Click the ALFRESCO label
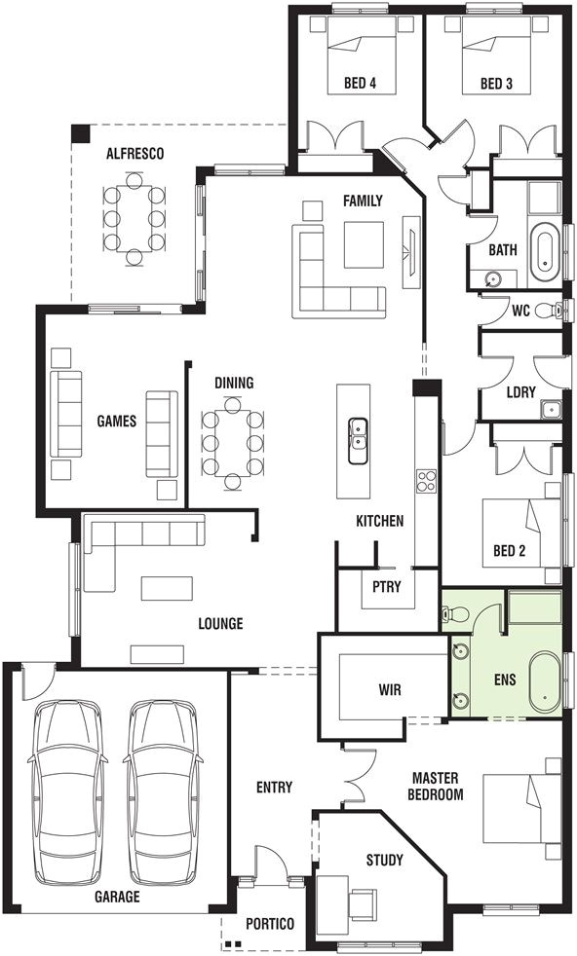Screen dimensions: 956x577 tap(135, 154)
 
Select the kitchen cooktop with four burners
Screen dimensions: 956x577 tap(426, 479)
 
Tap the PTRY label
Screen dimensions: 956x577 tap(381, 585)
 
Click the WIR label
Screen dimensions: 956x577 tap(390, 690)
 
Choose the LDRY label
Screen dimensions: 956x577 tap(521, 392)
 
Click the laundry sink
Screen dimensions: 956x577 tap(552, 408)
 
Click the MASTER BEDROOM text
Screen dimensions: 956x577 tap(437, 786)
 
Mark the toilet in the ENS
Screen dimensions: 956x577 tap(454, 615)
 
